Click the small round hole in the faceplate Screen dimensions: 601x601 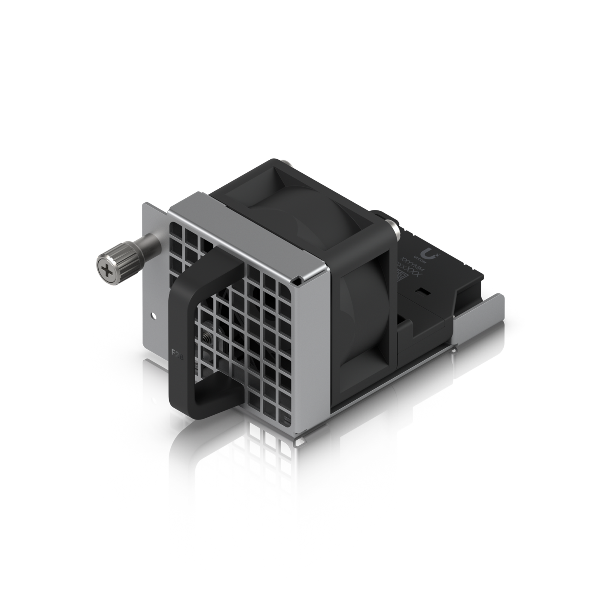click(x=153, y=316)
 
